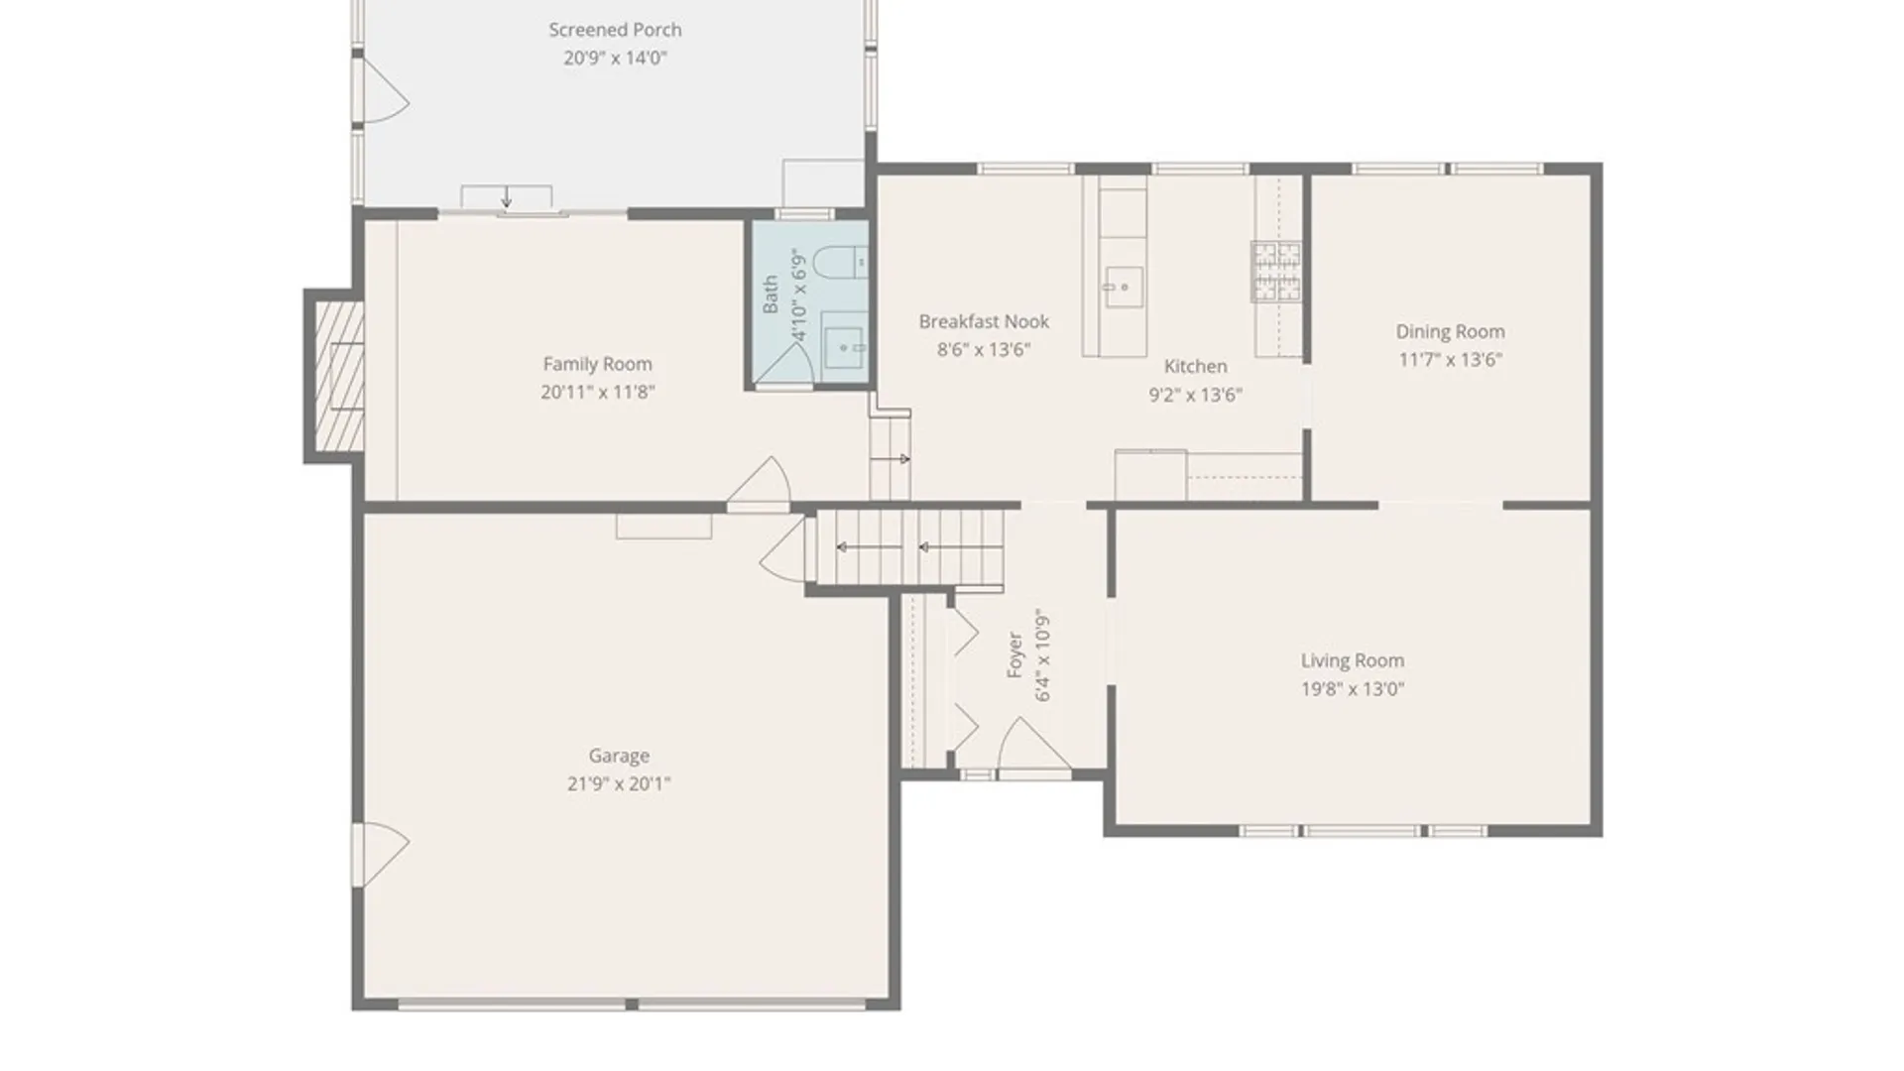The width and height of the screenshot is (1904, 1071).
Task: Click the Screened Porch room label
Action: point(615,30)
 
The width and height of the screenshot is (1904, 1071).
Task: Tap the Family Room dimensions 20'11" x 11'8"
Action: point(597,392)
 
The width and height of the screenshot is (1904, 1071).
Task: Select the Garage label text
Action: point(619,756)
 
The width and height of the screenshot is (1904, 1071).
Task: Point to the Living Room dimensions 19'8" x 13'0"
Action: point(1352,688)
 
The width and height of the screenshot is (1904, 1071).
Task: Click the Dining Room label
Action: point(1450,331)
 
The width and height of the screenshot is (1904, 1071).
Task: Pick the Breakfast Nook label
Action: point(983,321)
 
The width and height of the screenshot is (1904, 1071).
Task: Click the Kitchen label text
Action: point(1195,366)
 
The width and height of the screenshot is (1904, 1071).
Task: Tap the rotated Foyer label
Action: point(1014,654)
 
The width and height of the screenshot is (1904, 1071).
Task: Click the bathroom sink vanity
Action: point(845,346)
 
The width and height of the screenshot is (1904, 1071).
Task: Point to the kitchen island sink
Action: point(1122,288)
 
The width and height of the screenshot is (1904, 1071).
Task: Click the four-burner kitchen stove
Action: point(1275,271)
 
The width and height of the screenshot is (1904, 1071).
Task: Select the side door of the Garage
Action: point(382,854)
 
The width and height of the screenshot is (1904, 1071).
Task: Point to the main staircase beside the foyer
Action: point(910,547)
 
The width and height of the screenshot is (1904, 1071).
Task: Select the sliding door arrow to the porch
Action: point(507,197)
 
